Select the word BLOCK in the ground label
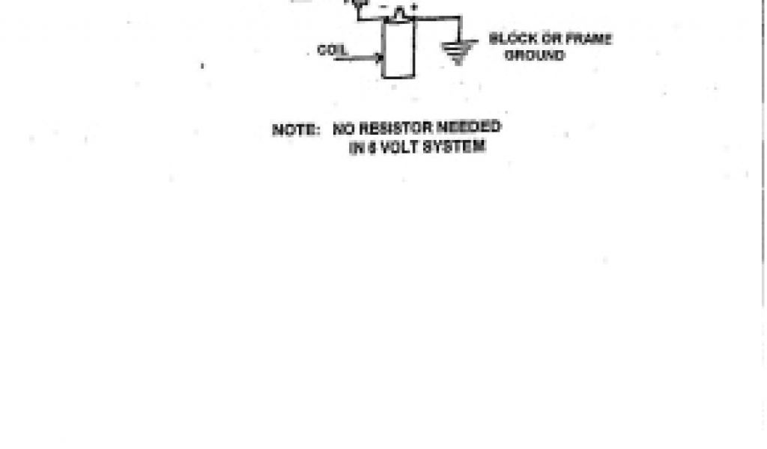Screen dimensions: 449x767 coord(512,39)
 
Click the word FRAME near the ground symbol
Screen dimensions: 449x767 coord(588,39)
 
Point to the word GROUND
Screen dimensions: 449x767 coord(535,55)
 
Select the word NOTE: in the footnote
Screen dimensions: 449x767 coord(296,129)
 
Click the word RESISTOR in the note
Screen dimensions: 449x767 coord(389,128)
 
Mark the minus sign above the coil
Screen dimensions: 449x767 coord(384,7)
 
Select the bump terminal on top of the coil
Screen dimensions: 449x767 coord(401,12)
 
